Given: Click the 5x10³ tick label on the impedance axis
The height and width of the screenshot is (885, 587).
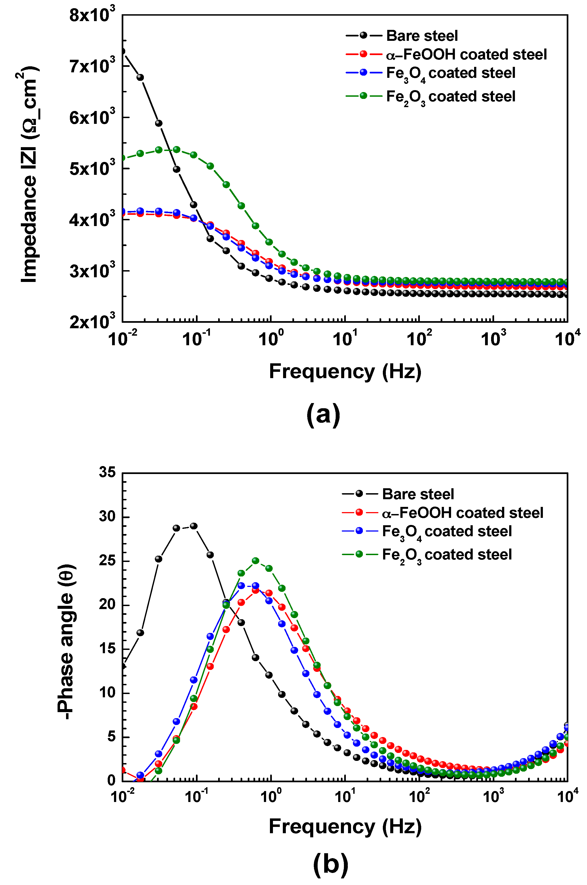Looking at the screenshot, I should [x=92, y=169].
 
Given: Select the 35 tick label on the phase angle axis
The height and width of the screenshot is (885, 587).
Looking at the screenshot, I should [x=107, y=472].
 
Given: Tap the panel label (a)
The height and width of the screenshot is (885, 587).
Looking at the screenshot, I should [x=323, y=415].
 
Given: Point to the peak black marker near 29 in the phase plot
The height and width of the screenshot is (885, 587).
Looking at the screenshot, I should [x=193, y=526].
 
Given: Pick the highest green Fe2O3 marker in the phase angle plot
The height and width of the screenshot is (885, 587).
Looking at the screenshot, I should [x=256, y=561].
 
